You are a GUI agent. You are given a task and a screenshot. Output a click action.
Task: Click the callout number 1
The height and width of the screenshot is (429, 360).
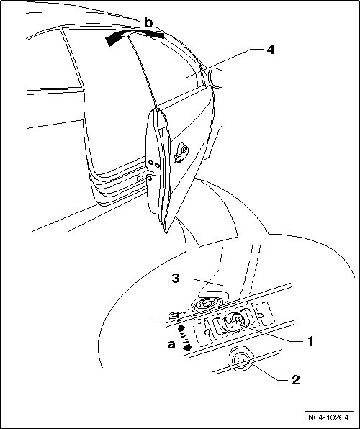coord(310,341)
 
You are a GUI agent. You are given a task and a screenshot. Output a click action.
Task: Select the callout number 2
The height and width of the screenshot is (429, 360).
coord(296,380)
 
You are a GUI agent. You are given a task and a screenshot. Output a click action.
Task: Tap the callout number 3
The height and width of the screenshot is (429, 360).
coord(176,279)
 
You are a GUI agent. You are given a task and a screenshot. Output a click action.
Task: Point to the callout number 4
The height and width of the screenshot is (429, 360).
coord(270,50)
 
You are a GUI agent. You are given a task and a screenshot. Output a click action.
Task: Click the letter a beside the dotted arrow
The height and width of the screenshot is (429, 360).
coord(171,345)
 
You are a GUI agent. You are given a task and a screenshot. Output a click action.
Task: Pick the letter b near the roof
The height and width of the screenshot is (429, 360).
coord(148,23)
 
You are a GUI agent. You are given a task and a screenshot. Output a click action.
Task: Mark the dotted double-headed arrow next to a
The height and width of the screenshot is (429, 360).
coord(184,338)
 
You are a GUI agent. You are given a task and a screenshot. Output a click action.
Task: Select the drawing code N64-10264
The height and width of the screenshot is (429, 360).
coord(328,417)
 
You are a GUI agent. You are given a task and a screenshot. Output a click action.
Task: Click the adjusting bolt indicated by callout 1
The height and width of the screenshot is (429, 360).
coord(233,322)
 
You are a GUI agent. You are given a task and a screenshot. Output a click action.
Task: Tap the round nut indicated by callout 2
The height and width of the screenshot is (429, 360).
coord(240,358)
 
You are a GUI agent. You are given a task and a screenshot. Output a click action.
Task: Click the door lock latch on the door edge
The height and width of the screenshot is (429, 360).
coord(181,153)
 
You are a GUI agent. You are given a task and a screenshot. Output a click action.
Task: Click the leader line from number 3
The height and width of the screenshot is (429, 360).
coord(204,281)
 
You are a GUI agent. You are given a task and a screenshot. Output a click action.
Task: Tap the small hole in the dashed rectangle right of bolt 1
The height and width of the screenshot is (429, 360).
coord(261,315)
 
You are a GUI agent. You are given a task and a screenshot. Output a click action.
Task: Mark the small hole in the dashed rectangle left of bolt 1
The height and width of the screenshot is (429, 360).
coord(207,332)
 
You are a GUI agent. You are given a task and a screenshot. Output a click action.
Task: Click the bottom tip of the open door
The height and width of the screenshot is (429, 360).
coord(166,232)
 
